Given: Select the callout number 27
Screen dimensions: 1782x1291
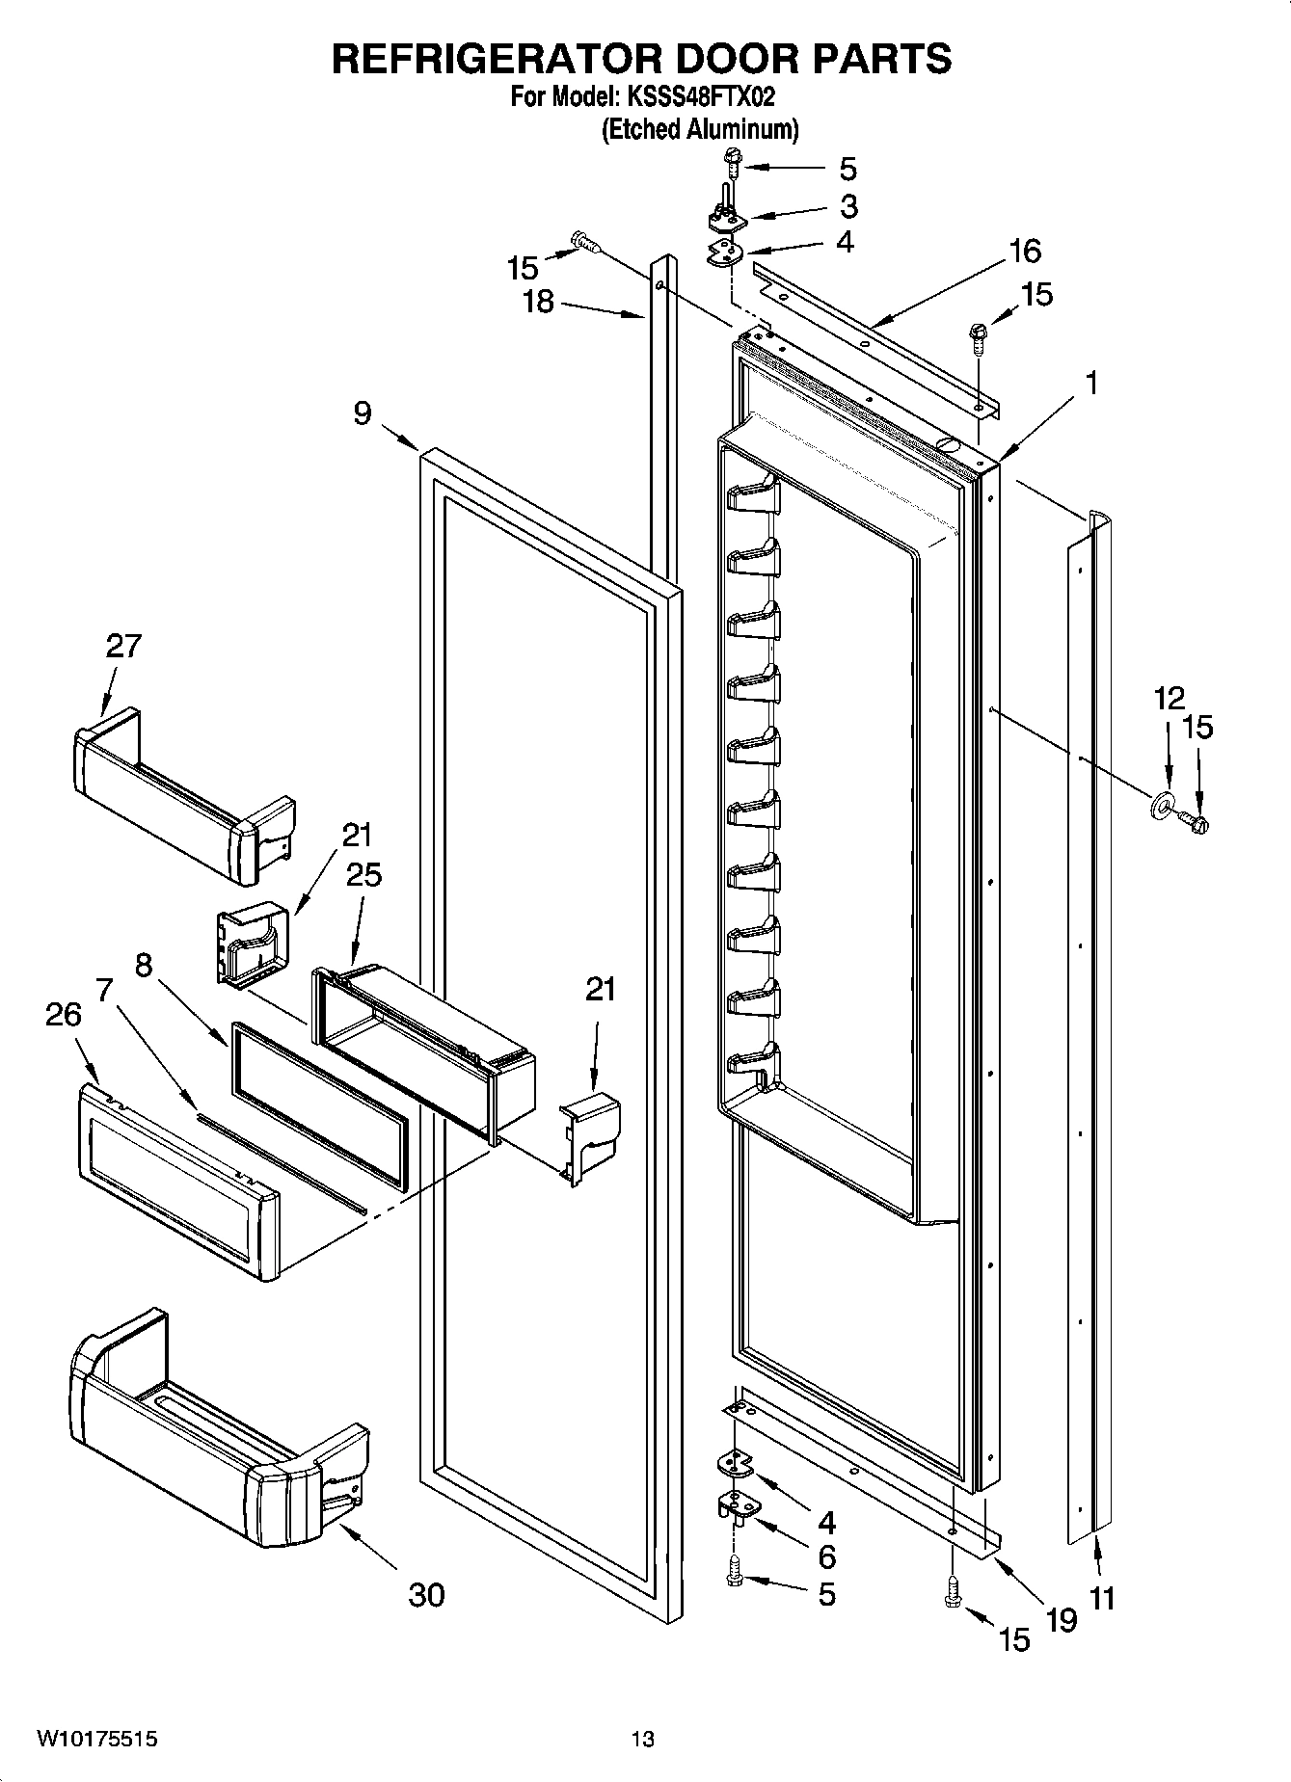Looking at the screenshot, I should [x=123, y=646].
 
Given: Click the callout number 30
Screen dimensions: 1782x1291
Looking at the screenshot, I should [x=426, y=1595].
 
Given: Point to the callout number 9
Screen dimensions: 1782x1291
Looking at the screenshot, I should [x=362, y=413].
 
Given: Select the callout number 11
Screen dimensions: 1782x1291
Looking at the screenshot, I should [x=1102, y=1598].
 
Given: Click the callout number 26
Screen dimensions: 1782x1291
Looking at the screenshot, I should [x=63, y=1015].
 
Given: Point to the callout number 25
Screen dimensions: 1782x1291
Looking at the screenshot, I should [x=363, y=874].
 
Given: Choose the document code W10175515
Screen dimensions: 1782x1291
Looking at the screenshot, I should [x=97, y=1740].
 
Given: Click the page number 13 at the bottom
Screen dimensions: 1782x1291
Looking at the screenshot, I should [x=643, y=1740].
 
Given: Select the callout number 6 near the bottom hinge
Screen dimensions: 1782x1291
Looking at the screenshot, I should [x=826, y=1556].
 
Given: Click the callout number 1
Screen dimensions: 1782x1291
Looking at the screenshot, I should [x=1090, y=384].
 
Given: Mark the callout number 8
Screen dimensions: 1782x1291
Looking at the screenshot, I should [x=143, y=966].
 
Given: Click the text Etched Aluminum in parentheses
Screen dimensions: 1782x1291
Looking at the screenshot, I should [x=700, y=129].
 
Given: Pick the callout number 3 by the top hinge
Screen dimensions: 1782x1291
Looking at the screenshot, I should [x=847, y=206].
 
